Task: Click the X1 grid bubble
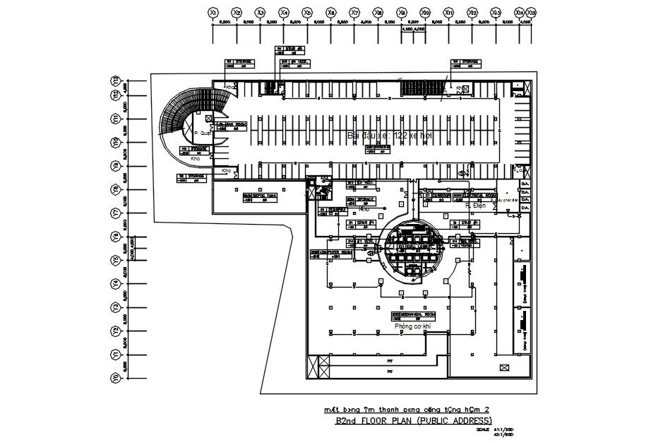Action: coord(213,12)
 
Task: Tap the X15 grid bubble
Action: coord(531,12)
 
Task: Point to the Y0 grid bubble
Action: coord(114,378)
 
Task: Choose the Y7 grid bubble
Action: coord(114,212)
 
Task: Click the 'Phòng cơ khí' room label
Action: coord(412,326)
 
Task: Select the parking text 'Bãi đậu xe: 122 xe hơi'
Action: coord(390,134)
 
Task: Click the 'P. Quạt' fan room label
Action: coord(203,132)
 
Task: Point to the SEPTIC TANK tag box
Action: coord(260,198)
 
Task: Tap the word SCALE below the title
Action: coord(483,429)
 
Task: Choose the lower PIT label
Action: coord(390,370)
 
